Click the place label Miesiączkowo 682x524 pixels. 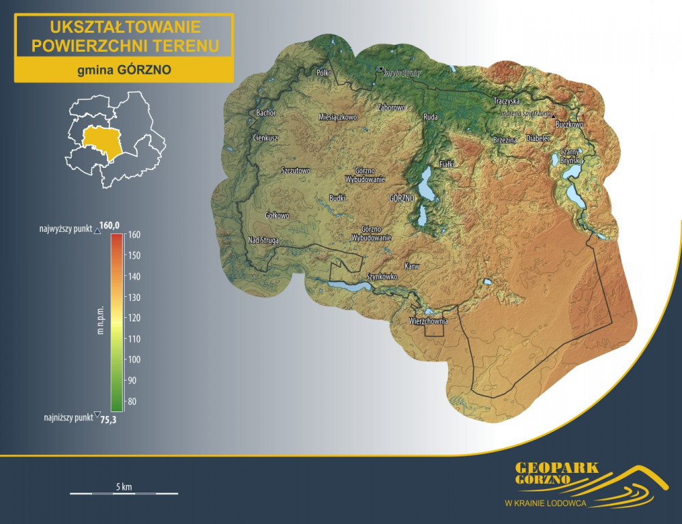338,117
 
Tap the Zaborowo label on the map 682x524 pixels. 391,108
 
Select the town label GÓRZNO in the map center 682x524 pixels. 402,198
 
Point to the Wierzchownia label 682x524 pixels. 428,321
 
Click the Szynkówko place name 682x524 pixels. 382,277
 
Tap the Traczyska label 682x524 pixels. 507,101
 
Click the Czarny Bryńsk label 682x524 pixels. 569,156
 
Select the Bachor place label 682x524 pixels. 265,113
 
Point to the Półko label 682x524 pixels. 323,72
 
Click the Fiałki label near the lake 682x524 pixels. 447,164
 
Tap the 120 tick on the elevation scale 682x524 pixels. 134,318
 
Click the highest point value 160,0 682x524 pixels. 110,225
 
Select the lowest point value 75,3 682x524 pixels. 108,420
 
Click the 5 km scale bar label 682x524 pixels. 123,486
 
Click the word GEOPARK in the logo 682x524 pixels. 557,468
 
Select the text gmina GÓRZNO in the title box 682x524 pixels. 124,70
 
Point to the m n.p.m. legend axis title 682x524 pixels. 100,318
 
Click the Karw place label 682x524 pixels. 411,266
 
